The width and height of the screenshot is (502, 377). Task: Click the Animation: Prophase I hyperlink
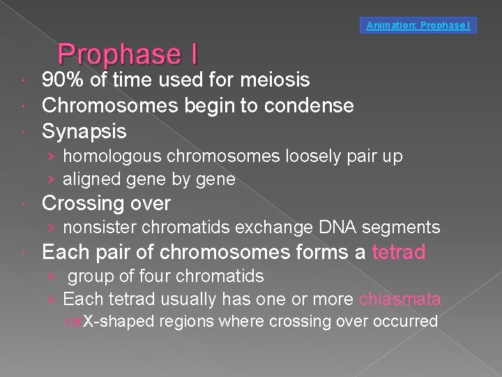click(418, 26)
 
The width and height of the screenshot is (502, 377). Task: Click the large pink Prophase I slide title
click(128, 54)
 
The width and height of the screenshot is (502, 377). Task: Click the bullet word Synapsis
click(84, 131)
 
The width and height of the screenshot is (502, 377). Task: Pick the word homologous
click(112, 156)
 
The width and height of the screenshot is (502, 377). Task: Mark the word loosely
click(307, 156)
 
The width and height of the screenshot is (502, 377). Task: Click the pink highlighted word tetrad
click(399, 252)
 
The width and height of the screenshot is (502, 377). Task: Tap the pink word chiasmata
click(400, 300)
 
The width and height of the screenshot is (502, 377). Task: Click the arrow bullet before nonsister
click(52, 227)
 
